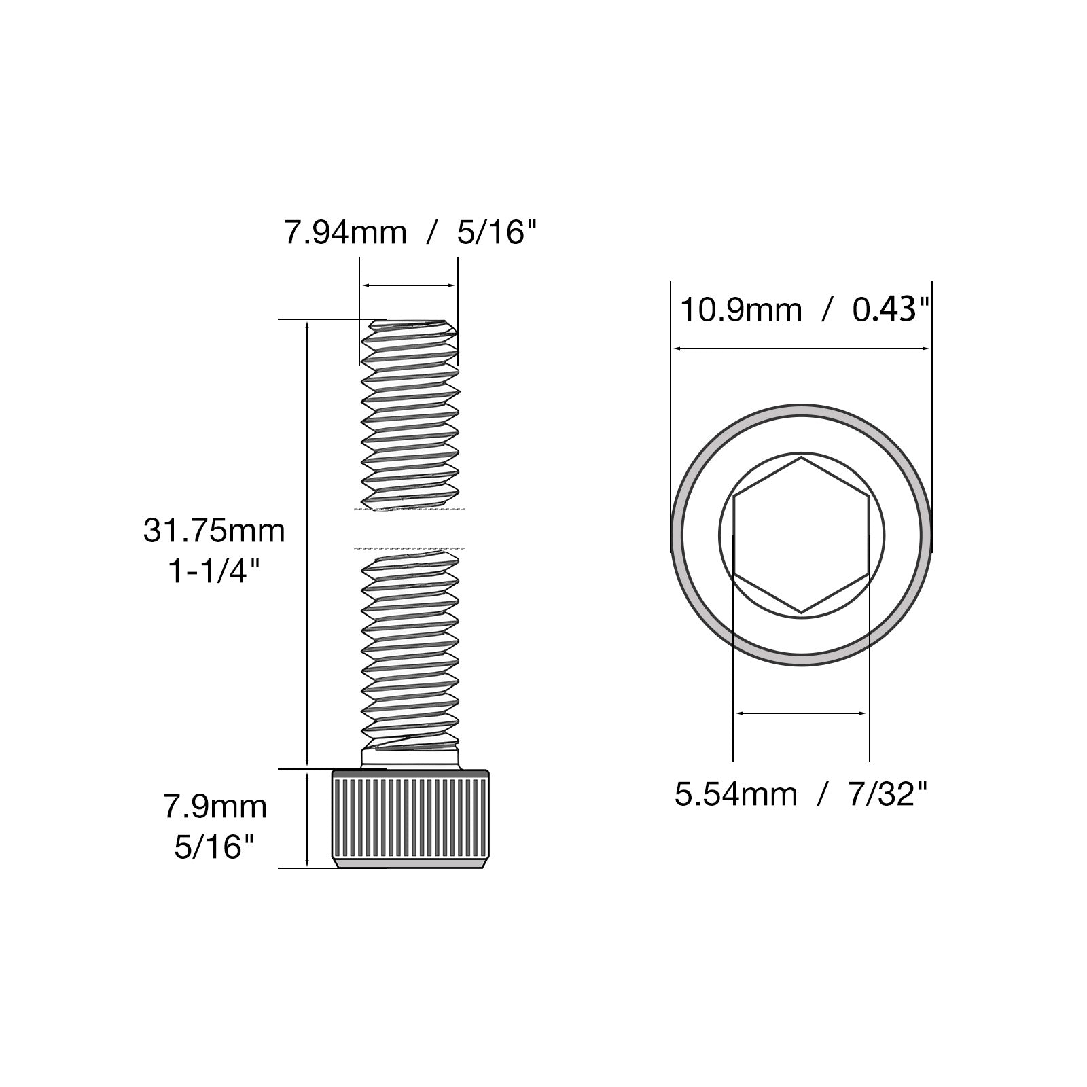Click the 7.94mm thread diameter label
click(x=345, y=233)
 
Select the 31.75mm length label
click(x=214, y=531)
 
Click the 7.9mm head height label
click(x=215, y=807)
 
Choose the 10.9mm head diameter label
click(x=741, y=310)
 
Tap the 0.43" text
click(x=891, y=310)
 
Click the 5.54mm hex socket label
click(x=736, y=794)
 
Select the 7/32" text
click(x=888, y=793)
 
